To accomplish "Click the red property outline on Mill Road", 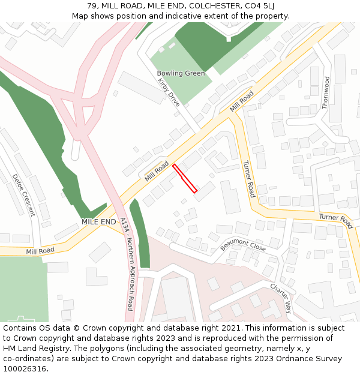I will [185, 178].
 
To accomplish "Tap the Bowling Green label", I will [181, 73].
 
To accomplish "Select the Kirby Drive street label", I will [169, 92].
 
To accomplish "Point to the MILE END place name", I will [99, 221].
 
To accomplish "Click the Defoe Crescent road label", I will [23, 195].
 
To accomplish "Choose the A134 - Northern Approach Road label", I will [126, 264].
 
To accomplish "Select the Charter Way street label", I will [280, 298].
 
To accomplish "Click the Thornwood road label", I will [326, 92].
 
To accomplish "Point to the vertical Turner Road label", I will [249, 179].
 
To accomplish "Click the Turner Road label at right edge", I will [335, 220].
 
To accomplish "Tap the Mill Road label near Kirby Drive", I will [241, 101].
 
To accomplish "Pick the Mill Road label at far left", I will [40, 250].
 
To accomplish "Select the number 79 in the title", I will [92, 5].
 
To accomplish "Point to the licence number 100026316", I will [25, 368].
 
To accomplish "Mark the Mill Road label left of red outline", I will [157, 170].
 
